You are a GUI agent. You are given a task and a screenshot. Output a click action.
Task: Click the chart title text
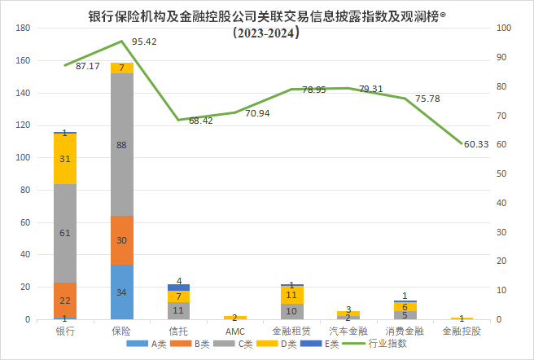click(x=267, y=16)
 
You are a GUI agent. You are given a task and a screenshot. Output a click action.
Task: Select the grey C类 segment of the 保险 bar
click(x=122, y=145)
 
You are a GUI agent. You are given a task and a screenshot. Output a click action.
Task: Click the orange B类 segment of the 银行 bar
click(x=65, y=301)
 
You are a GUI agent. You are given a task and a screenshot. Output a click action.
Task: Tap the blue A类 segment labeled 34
click(x=122, y=292)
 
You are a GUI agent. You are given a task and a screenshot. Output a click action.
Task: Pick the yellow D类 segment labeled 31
click(x=65, y=159)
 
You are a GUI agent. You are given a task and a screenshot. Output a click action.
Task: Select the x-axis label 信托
click(x=178, y=331)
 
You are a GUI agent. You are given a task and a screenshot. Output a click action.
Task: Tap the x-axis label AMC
click(x=235, y=331)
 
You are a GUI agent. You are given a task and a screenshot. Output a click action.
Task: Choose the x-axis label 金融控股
click(x=462, y=331)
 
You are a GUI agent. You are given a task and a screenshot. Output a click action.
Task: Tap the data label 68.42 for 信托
click(x=200, y=121)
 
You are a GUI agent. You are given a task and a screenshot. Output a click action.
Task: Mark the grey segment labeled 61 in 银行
click(x=65, y=234)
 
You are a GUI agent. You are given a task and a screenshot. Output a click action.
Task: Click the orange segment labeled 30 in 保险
click(x=122, y=240)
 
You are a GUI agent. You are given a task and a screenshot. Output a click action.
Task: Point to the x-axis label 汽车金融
click(x=348, y=331)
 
